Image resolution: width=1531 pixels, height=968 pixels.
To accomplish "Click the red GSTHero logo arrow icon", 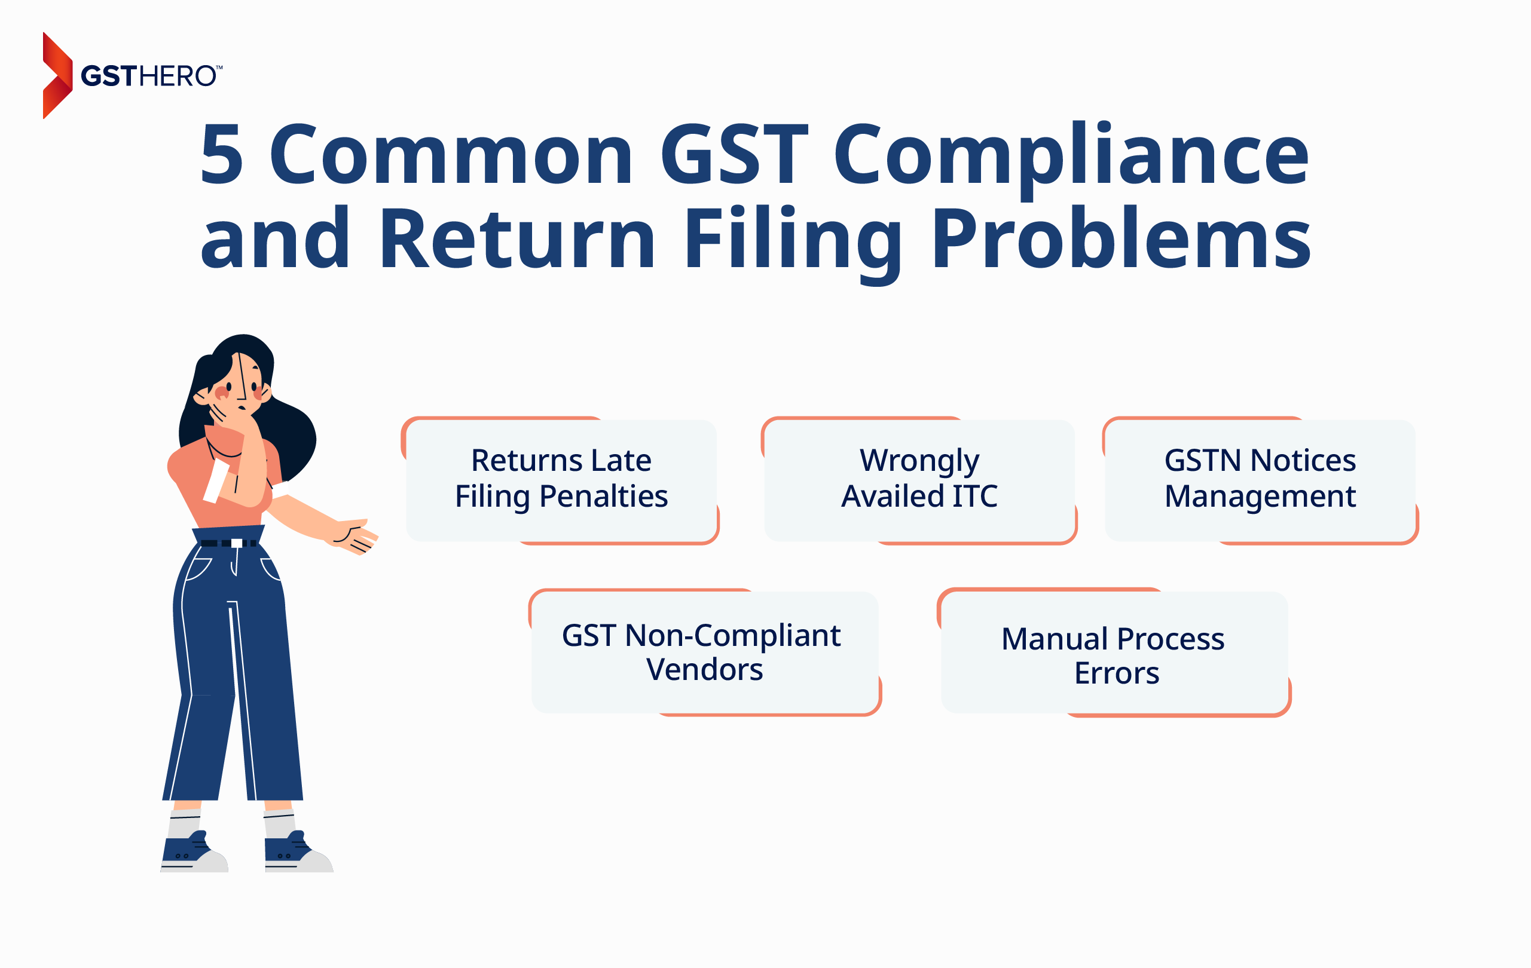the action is [57, 75].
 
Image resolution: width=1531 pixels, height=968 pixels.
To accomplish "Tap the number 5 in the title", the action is [222, 154].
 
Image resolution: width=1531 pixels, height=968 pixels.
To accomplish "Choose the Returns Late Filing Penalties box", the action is [561, 480].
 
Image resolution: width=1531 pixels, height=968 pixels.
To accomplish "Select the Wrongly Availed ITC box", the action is [919, 480].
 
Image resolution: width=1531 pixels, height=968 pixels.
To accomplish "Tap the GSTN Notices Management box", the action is [1260, 480].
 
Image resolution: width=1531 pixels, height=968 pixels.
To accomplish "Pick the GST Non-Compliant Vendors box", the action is [705, 652].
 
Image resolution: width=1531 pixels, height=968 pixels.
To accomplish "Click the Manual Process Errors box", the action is [1114, 652].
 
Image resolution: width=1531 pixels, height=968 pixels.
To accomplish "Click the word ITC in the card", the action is [974, 497].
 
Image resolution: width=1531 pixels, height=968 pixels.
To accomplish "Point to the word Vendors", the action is [704, 670].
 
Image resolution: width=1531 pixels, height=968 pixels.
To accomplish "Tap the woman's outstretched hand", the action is [355, 536].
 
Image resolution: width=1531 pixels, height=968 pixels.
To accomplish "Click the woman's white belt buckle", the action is [237, 543].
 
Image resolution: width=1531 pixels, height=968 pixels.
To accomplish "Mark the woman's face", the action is [236, 385].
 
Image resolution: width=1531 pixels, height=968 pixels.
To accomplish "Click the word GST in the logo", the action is [109, 76].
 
